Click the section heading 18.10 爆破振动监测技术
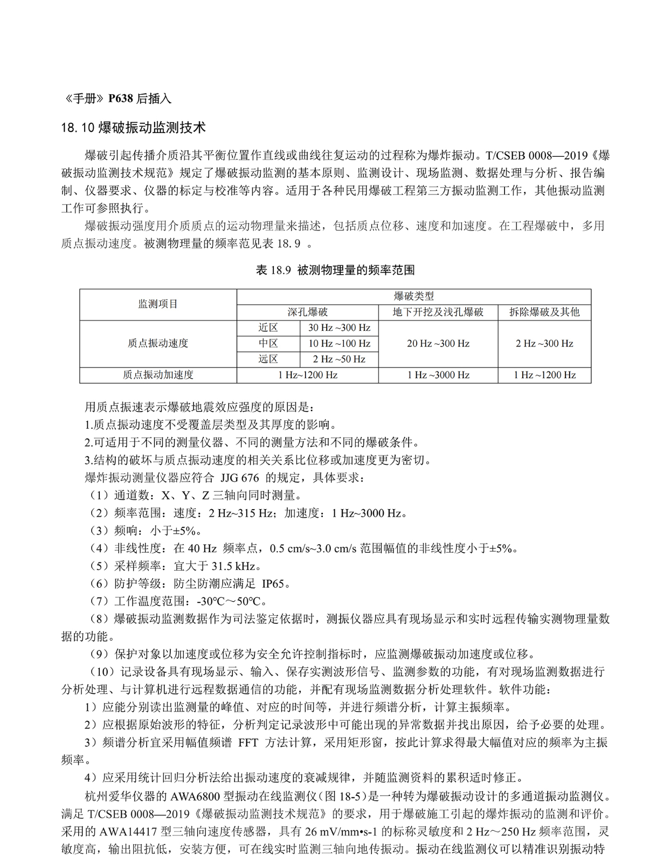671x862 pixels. tap(133, 128)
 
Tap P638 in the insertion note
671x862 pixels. tap(120, 99)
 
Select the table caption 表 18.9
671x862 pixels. tap(335, 270)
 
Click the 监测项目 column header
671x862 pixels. tap(158, 304)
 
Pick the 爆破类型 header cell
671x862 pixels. tap(413, 296)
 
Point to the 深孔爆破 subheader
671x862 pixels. tap(307, 312)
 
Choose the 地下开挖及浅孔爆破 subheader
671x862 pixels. tap(438, 312)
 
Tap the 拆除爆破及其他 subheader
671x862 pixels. tap(544, 312)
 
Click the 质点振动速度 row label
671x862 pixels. tap(158, 343)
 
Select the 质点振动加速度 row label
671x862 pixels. tap(158, 375)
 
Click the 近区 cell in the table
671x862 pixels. tap(268, 328)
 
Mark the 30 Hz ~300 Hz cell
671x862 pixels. tap(339, 328)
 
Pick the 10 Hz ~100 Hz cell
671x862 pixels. tap(339, 343)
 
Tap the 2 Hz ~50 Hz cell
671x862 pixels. tap(339, 359)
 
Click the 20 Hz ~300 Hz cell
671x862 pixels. tap(438, 343)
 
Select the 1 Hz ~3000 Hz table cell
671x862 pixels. tap(438, 375)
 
